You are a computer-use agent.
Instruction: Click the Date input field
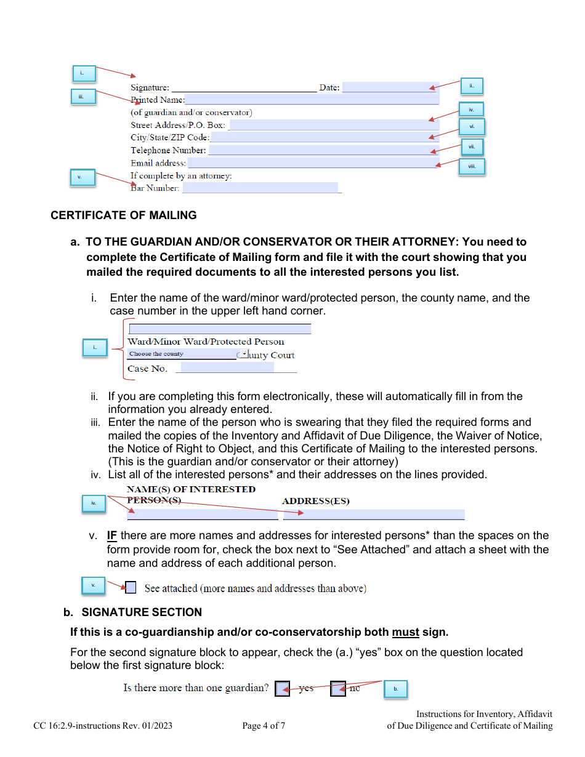click(389, 87)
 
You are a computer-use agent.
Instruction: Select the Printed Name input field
click(311, 100)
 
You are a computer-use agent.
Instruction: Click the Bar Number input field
click(260, 188)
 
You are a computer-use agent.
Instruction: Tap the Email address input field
click(312, 163)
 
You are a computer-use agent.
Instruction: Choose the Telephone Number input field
click(323, 150)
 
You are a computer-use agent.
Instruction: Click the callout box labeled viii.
click(472, 166)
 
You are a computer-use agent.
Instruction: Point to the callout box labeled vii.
click(472, 147)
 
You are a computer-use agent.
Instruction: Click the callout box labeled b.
click(395, 689)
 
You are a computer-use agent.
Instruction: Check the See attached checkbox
click(131, 588)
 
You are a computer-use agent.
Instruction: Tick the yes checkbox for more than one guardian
click(282, 689)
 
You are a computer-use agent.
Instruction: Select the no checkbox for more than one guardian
click(337, 689)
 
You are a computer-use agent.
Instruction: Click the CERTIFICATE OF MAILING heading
click(124, 215)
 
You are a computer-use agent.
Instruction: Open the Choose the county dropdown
click(244, 354)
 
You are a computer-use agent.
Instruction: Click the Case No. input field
click(227, 368)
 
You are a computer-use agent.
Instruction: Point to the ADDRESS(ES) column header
click(315, 501)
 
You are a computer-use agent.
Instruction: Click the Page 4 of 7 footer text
click(264, 726)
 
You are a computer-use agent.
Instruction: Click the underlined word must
click(405, 632)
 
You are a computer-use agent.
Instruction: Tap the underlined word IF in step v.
click(112, 535)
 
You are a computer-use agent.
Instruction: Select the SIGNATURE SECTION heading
click(142, 612)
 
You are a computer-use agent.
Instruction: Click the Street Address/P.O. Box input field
click(334, 125)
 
